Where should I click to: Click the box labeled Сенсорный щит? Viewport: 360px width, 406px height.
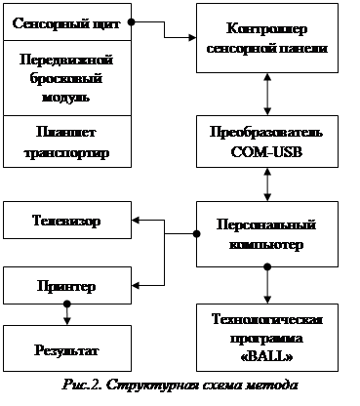[67, 22]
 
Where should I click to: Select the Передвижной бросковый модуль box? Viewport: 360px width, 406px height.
[67, 78]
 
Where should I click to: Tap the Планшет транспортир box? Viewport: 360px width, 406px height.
[67, 142]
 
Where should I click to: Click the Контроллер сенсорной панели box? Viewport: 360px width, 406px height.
[267, 38]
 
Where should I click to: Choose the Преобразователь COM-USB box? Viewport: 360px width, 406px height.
[267, 142]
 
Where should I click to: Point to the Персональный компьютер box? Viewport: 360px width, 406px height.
[267, 234]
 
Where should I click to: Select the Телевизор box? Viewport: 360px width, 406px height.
[67, 221]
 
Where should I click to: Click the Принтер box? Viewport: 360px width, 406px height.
[67, 286]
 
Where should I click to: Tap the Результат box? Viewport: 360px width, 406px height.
[67, 348]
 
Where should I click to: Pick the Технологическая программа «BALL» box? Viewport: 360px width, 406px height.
[267, 338]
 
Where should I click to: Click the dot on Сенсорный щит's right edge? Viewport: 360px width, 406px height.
[131, 22]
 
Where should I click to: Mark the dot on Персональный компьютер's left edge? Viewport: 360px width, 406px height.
[196, 233]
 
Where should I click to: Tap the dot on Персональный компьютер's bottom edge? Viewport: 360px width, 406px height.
[267, 267]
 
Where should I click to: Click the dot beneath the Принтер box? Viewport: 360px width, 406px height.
[67, 304]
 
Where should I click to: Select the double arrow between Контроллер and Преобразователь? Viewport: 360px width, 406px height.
[267, 94]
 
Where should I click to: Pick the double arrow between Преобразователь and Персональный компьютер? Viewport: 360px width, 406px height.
[267, 184]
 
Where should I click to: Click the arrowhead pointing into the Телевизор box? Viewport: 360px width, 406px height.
[136, 221]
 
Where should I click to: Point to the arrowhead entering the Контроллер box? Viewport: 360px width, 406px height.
[192, 37]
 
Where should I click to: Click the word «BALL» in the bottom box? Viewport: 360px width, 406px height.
[266, 357]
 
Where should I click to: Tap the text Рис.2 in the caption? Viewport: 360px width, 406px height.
[82, 385]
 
